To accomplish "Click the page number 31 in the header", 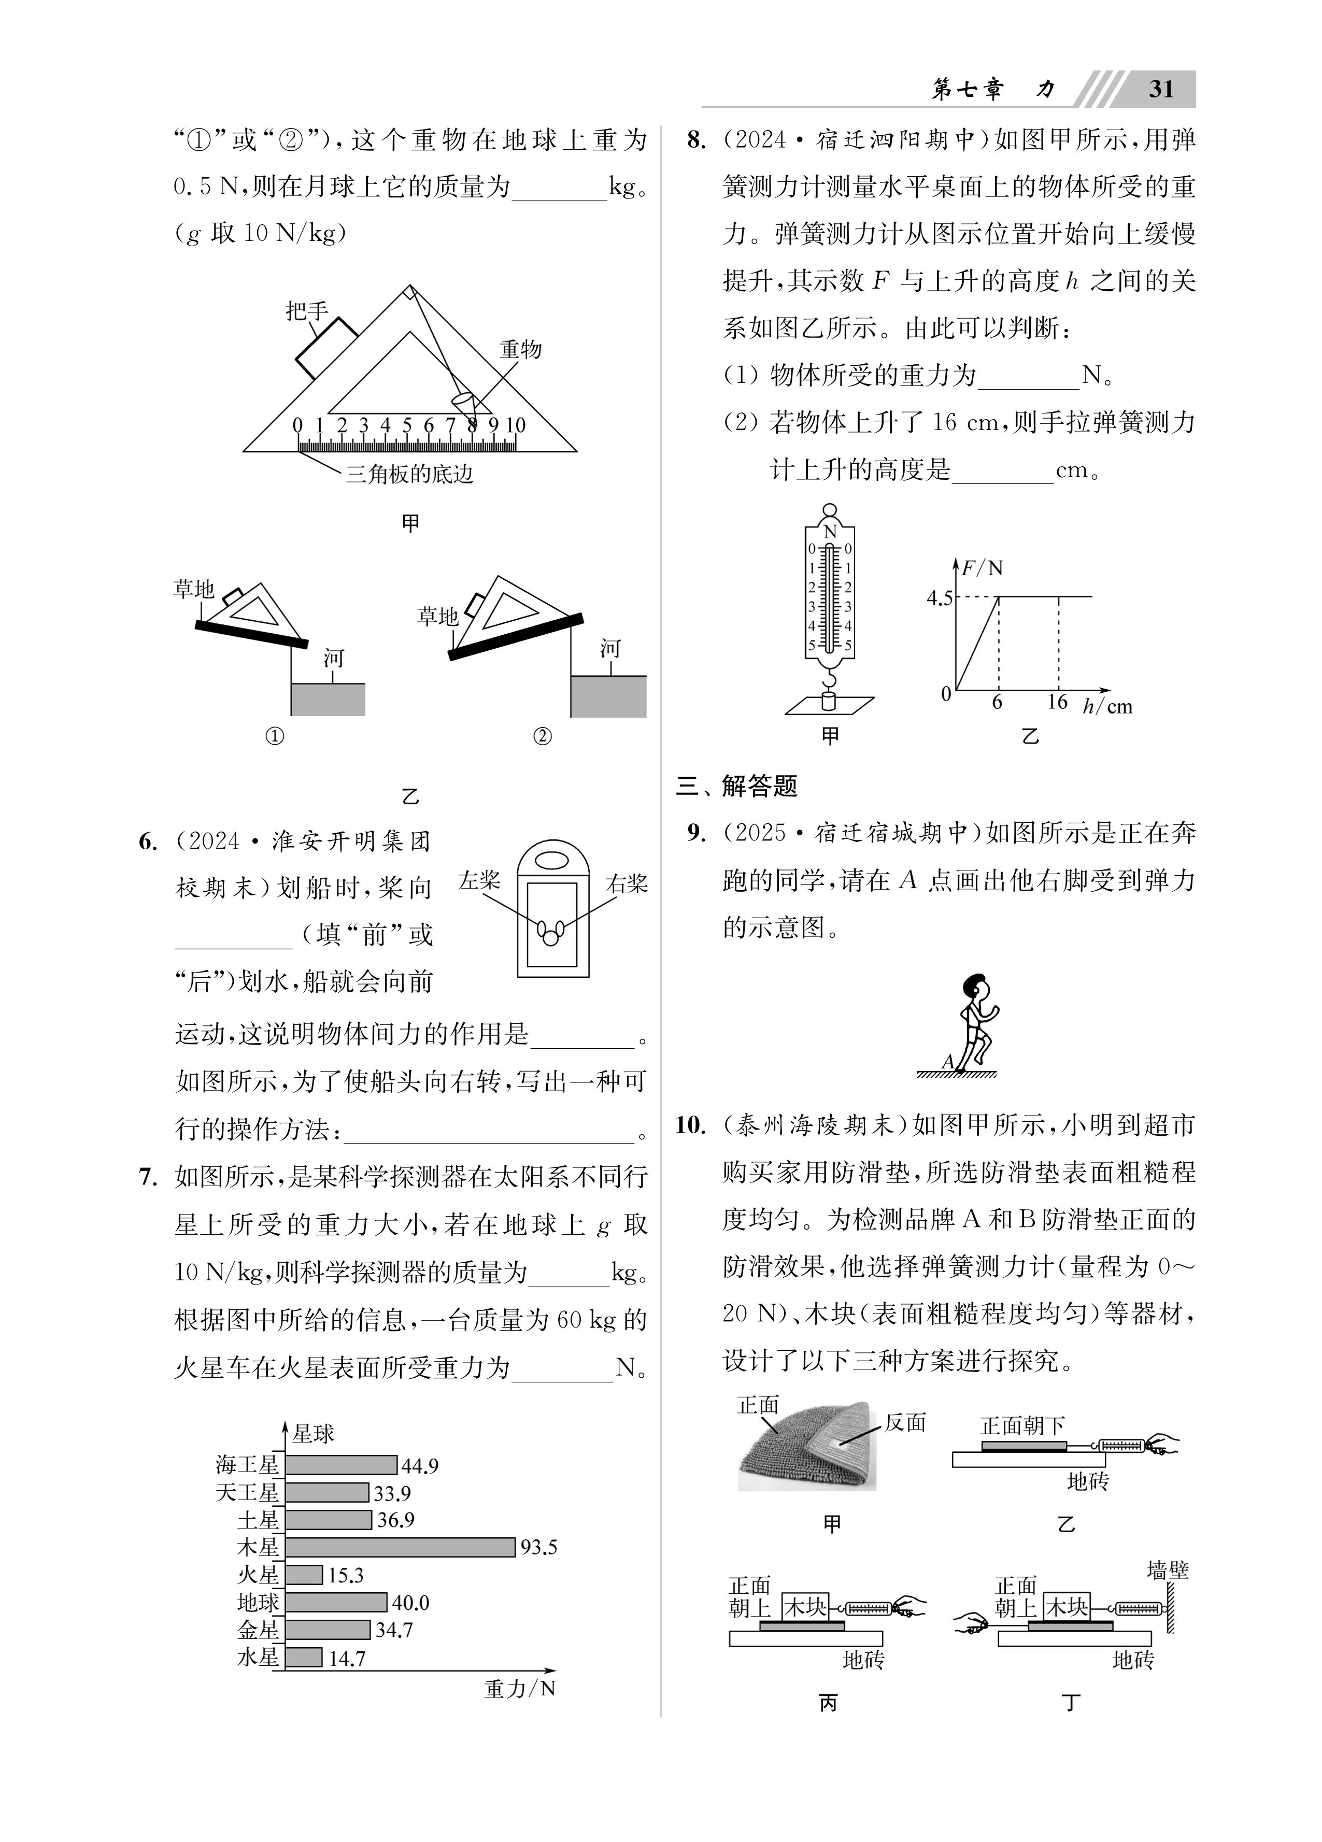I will (x=1160, y=89).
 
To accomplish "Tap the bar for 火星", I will (x=304, y=1575).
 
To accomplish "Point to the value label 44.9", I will (x=419, y=1466).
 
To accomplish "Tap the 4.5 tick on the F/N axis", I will (x=940, y=598).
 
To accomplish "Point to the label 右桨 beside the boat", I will (x=627, y=883).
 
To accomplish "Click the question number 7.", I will (x=147, y=1177).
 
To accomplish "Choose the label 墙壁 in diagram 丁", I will (x=1168, y=1570).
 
